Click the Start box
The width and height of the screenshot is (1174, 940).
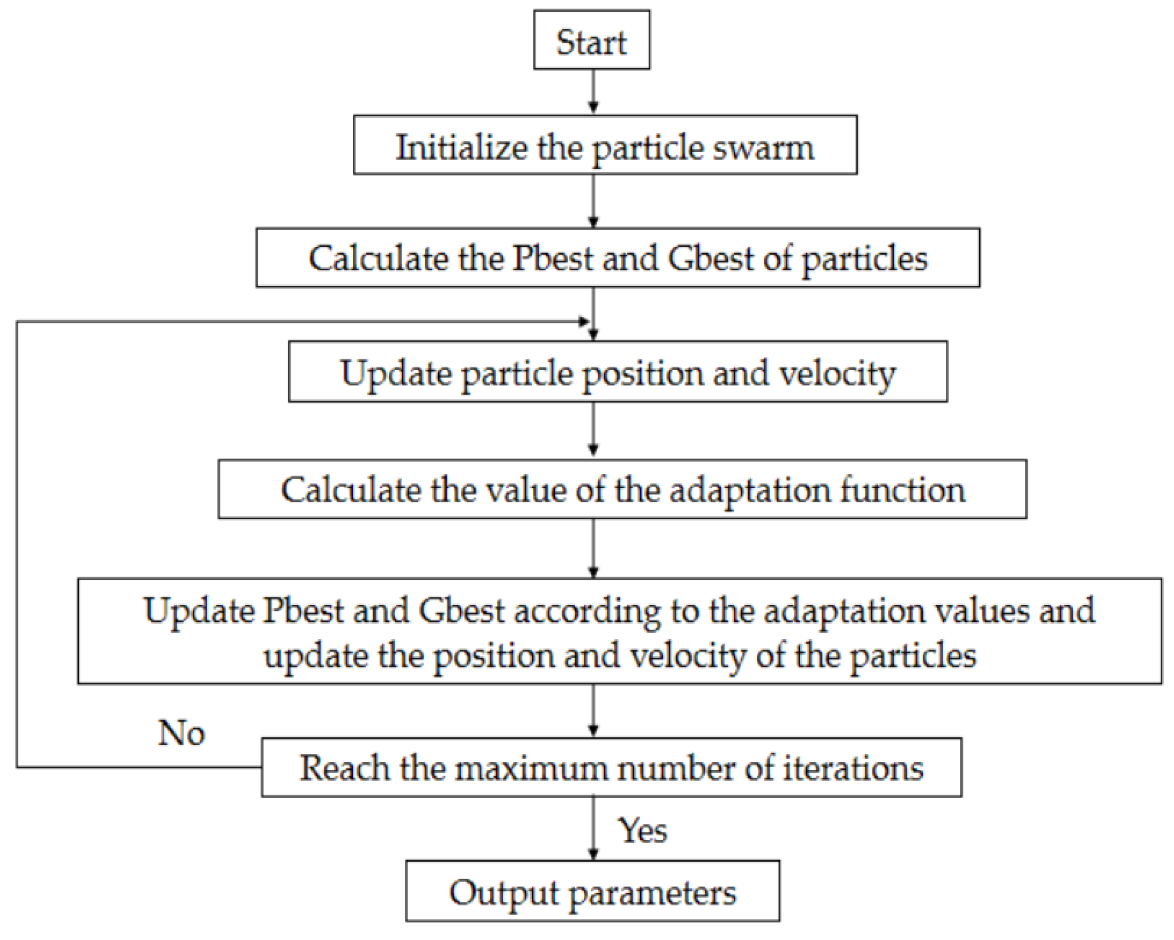591,40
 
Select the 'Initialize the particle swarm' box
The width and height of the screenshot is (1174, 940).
605,145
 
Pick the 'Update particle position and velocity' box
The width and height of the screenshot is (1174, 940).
618,372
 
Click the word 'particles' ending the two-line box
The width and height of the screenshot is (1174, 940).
913,656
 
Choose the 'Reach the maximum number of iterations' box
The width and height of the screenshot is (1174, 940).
611,768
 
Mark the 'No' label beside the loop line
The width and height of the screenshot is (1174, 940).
181,733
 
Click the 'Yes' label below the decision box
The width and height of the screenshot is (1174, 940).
642,831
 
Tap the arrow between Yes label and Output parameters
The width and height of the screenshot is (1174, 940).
593,830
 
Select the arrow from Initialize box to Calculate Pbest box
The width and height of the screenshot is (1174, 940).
593,201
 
